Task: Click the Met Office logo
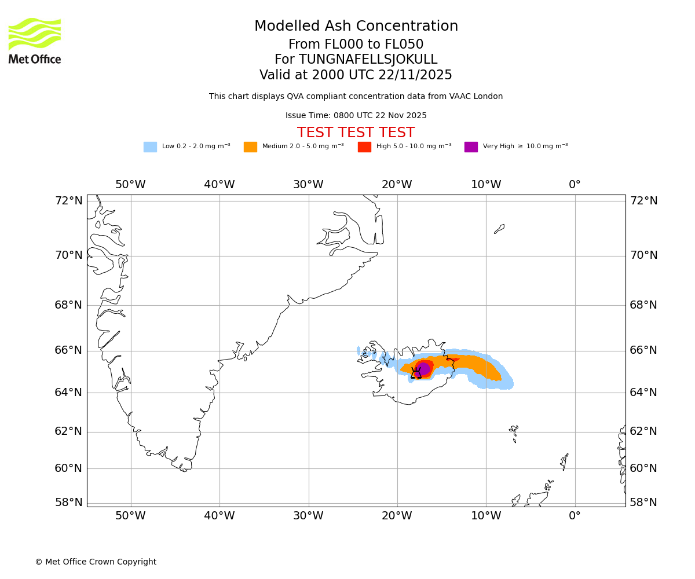pos(35,41)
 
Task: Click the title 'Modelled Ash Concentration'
pos(356,27)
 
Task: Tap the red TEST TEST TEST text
pos(356,133)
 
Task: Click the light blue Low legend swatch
pos(150,147)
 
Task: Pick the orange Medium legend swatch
pos(250,147)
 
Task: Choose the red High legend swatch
pos(364,147)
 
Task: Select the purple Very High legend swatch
pos(471,147)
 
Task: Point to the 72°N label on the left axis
pos(68,201)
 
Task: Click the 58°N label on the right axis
pos(643,503)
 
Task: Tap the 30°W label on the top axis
pos(308,185)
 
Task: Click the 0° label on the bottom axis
pos(575,516)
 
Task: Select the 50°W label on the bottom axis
pos(130,516)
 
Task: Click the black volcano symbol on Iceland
pos(416,373)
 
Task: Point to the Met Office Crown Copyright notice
pos(96,562)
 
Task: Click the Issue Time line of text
pos(356,116)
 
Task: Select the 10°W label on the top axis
pos(485,185)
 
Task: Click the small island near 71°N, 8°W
pos(499,229)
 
